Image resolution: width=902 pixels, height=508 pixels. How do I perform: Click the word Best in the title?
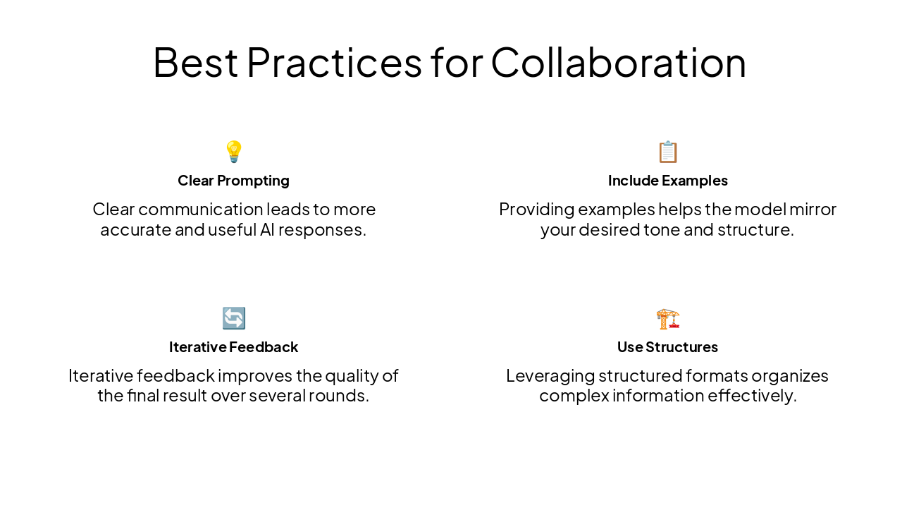(195, 62)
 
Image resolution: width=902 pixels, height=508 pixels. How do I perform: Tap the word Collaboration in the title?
(618, 62)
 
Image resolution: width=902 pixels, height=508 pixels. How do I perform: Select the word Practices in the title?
(333, 62)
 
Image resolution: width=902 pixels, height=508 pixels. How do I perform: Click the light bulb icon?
(233, 152)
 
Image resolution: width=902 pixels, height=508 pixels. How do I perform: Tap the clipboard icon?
(667, 152)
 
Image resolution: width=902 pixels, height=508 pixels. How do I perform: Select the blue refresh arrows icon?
(233, 318)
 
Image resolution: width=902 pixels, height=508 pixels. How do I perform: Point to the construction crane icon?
(667, 319)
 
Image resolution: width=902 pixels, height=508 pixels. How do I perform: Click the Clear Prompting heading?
(233, 181)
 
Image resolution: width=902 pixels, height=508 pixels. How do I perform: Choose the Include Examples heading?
(667, 181)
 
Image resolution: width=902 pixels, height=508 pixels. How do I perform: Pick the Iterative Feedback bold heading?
(233, 347)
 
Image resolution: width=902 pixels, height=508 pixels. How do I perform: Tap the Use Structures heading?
(667, 347)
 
